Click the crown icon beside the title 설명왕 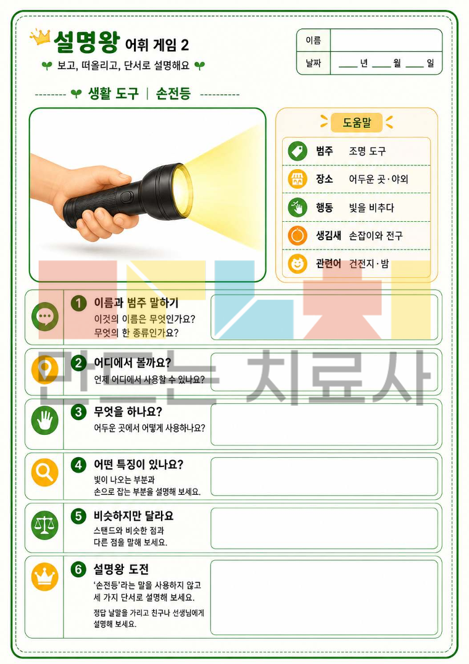coord(40,37)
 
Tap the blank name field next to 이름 coord(386,41)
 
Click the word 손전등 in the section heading coord(173,93)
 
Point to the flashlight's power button coord(126,197)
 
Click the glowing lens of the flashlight coord(182,191)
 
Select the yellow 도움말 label coord(357,122)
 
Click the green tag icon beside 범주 coord(297,151)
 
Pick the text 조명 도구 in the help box coord(367,151)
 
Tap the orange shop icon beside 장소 coord(297,179)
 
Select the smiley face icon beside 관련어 coord(297,264)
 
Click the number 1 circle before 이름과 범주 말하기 coord(78,303)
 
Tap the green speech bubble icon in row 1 coord(45,316)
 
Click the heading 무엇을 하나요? coord(128,411)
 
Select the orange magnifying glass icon coord(45,472)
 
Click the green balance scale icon coord(45,526)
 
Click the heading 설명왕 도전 coord(121,569)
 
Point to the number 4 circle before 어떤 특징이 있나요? coord(78,465)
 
